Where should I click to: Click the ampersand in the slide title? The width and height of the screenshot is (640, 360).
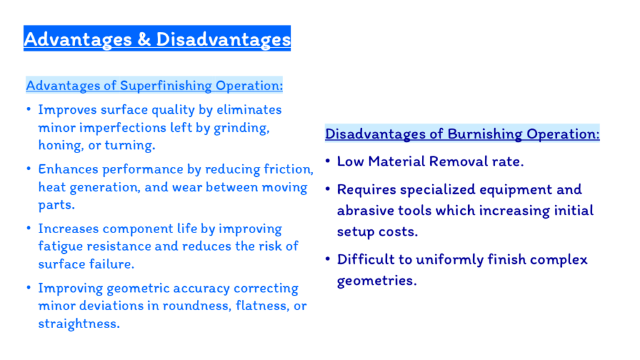(144, 39)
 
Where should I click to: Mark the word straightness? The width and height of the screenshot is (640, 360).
(79, 324)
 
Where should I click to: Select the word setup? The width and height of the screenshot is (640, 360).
(356, 232)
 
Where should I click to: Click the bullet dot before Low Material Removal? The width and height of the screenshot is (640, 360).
(327, 161)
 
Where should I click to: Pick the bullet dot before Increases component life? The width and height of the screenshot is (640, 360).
(29, 227)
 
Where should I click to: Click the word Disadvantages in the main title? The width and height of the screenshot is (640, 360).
(223, 39)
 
